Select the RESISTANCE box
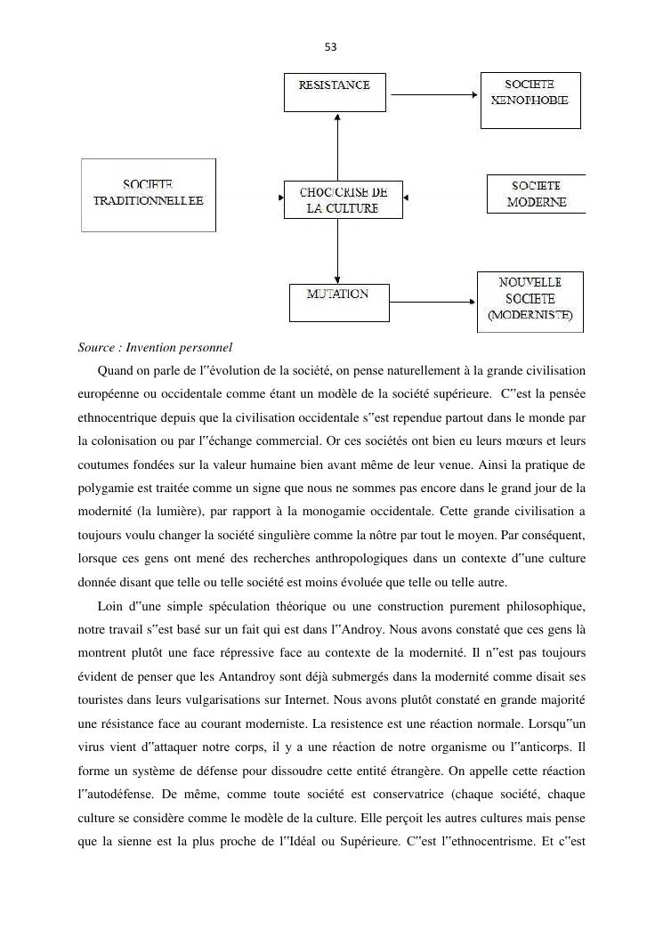(335, 93)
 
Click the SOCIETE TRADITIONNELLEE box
(149, 195)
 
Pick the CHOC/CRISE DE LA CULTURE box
(343, 200)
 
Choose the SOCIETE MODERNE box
(536, 194)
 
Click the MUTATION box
(338, 303)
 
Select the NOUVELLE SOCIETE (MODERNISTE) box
(530, 302)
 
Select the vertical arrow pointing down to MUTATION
(338, 252)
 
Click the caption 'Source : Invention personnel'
(154, 347)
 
